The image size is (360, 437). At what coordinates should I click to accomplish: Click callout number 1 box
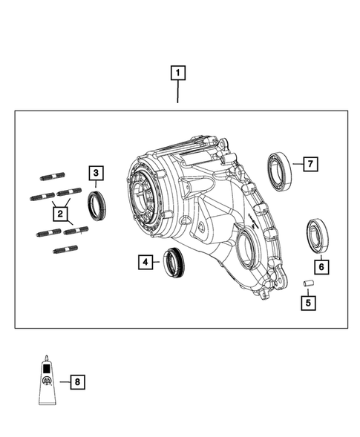tap(178, 73)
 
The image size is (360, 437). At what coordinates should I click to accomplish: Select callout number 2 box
tap(59, 214)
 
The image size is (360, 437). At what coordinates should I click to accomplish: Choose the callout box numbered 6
tap(321, 266)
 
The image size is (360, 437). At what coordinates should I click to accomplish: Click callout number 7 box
tap(310, 163)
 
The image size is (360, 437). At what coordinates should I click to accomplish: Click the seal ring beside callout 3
tap(97, 204)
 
